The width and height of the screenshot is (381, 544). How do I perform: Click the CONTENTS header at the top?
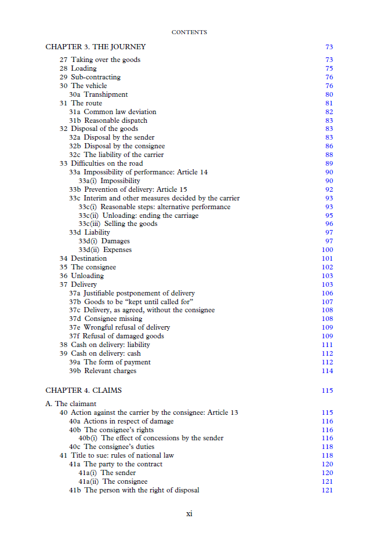pyautogui.click(x=189, y=32)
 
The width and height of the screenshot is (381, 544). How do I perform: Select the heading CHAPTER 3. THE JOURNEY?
pyautogui.click(x=96, y=47)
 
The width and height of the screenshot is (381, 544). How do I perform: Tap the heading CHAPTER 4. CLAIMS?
pyautogui.click(x=84, y=390)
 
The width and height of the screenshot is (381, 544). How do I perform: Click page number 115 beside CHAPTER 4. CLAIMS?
pyautogui.click(x=327, y=390)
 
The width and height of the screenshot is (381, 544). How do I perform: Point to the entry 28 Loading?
pyautogui.click(x=78, y=68)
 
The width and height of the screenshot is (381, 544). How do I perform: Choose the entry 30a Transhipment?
pyautogui.click(x=99, y=94)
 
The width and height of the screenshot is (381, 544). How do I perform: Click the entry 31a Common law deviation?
pyautogui.click(x=113, y=112)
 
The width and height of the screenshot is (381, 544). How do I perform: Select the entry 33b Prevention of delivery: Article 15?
pyautogui.click(x=128, y=189)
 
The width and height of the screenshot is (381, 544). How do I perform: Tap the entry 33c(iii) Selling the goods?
pyautogui.click(x=118, y=224)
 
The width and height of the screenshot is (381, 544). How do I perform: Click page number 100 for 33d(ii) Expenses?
pyautogui.click(x=327, y=250)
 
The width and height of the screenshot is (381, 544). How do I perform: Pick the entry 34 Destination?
pyautogui.click(x=83, y=258)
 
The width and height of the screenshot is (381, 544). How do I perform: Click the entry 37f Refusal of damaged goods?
pyautogui.click(x=117, y=336)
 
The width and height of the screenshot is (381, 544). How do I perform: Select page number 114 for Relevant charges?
pyautogui.click(x=327, y=371)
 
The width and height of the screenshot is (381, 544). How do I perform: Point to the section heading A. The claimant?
pyautogui.click(x=71, y=404)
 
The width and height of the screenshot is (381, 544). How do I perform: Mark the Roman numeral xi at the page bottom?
pyautogui.click(x=189, y=514)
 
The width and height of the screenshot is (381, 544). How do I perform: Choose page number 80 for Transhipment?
pyautogui.click(x=329, y=94)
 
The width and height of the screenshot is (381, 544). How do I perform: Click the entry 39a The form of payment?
pyautogui.click(x=110, y=362)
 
